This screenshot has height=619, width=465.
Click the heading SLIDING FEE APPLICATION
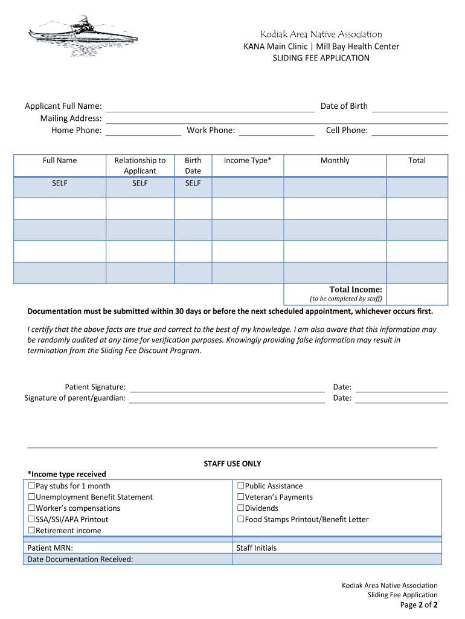[321, 58]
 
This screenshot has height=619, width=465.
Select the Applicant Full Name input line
[210, 107]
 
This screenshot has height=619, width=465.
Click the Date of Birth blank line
[409, 107]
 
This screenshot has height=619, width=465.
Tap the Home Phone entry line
[143, 131]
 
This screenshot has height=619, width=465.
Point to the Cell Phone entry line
[409, 131]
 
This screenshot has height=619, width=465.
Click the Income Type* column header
[248, 160]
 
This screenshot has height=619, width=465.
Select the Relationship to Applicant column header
[140, 166]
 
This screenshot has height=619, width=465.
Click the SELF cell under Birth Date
[193, 183]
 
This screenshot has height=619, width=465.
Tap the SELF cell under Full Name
[60, 183]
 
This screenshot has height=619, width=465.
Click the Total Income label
[355, 290]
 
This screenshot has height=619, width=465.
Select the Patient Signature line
[227, 387]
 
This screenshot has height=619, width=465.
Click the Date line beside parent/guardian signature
[402, 398]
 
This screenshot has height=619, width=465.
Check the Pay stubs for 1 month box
[31, 486]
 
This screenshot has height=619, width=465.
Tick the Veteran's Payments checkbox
[240, 497]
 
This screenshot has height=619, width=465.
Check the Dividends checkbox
[240, 508]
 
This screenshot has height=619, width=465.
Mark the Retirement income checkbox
[31, 531]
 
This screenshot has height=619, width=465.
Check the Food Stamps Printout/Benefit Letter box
[240, 519]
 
